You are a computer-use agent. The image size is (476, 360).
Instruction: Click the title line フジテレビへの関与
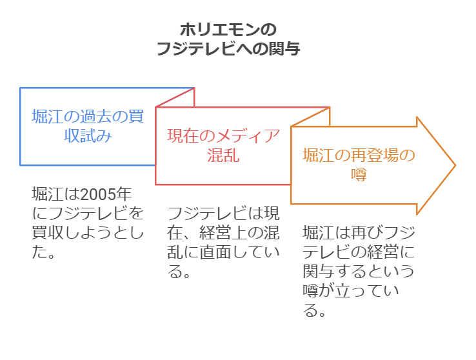click(229, 49)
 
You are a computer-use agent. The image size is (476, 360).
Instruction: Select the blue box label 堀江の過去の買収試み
click(87, 126)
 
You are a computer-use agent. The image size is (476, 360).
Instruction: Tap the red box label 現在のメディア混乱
click(223, 145)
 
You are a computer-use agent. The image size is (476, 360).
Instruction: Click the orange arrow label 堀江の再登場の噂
click(358, 165)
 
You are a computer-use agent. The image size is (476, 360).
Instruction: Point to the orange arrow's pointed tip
click(455, 165)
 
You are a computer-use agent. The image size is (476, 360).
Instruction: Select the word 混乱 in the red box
click(223, 155)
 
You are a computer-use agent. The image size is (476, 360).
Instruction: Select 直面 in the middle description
click(206, 252)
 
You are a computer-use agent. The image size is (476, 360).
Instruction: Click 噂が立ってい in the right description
click(352, 290)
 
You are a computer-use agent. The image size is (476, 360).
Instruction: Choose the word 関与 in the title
click(284, 49)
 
